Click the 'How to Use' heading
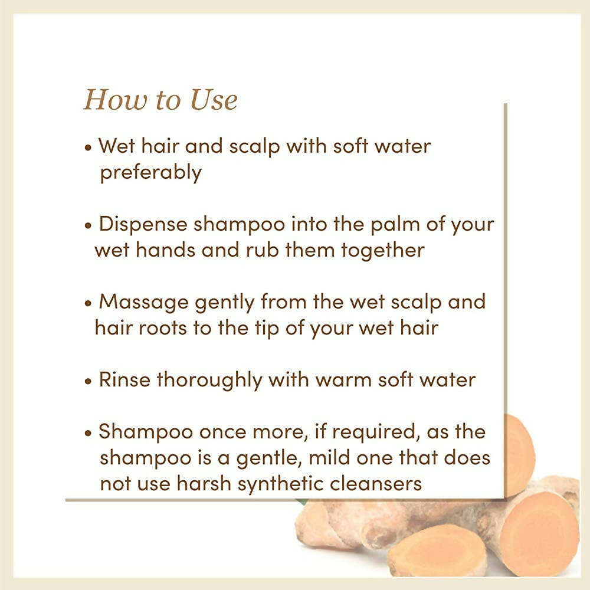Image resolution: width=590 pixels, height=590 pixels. click(x=160, y=100)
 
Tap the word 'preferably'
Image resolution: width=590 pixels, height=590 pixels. click(x=151, y=173)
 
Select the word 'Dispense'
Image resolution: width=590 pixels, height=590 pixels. click(x=143, y=224)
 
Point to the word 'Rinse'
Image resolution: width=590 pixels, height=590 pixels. click(x=124, y=379)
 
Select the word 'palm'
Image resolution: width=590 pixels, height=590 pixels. click(x=395, y=225)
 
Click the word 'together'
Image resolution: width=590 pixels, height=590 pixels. click(x=383, y=251)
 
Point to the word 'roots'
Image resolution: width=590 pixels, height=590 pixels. click(x=163, y=329)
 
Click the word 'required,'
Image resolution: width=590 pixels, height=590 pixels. click(x=376, y=432)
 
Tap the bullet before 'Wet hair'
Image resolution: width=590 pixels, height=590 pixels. click(x=88, y=147)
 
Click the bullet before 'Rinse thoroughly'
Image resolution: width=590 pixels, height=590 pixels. click(x=88, y=381)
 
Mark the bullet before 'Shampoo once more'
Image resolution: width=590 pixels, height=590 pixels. click(x=88, y=433)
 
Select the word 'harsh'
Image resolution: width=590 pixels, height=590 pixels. click(x=204, y=483)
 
